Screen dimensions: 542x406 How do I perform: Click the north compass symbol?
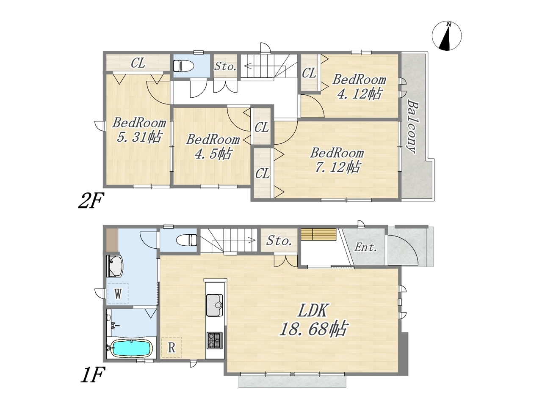(446, 36)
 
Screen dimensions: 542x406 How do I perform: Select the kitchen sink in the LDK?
(214, 305)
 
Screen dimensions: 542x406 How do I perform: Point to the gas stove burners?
(214, 340)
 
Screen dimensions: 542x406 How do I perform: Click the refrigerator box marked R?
(171, 348)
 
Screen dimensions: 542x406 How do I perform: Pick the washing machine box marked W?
(118, 294)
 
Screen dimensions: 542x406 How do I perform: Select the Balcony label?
(412, 126)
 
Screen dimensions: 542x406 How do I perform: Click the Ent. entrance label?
(365, 247)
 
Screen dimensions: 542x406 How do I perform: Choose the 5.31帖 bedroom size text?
(139, 137)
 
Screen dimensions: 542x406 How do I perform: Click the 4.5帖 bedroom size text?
(213, 154)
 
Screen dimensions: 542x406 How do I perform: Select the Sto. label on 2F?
(225, 66)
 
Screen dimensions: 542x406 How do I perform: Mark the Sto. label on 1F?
(279, 240)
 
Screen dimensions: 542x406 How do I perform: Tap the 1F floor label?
(92, 375)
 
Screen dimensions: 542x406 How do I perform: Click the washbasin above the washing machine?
(114, 266)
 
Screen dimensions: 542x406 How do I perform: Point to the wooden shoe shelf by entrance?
(318, 234)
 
